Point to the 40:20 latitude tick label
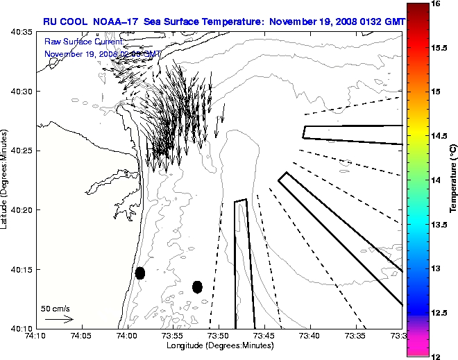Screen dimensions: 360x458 [22, 209]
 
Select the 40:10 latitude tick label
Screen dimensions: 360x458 [22, 327]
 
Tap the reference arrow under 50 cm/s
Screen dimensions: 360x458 [59, 319]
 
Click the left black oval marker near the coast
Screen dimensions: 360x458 [140, 273]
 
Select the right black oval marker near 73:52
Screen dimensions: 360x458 [197, 286]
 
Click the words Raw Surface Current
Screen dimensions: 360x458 [83, 41]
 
